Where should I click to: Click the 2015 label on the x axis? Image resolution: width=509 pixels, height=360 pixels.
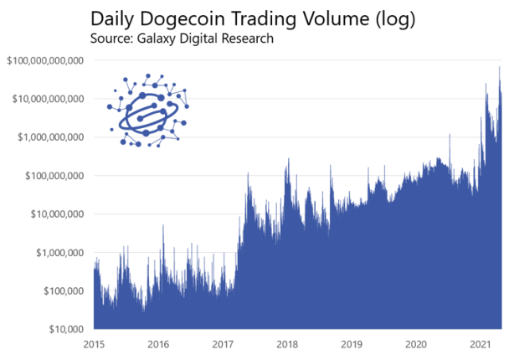pyautogui.click(x=94, y=344)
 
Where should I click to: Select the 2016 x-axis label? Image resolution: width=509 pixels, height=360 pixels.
pyautogui.click(x=158, y=344)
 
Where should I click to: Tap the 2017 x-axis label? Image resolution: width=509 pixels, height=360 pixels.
pyautogui.click(x=223, y=344)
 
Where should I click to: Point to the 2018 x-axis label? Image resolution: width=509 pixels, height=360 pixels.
pyautogui.click(x=287, y=344)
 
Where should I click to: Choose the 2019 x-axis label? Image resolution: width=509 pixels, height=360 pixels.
pyautogui.click(x=352, y=344)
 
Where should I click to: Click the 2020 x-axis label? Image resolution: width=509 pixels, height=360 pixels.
pyautogui.click(x=416, y=344)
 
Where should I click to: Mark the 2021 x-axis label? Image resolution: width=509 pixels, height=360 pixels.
pyautogui.click(x=480, y=344)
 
